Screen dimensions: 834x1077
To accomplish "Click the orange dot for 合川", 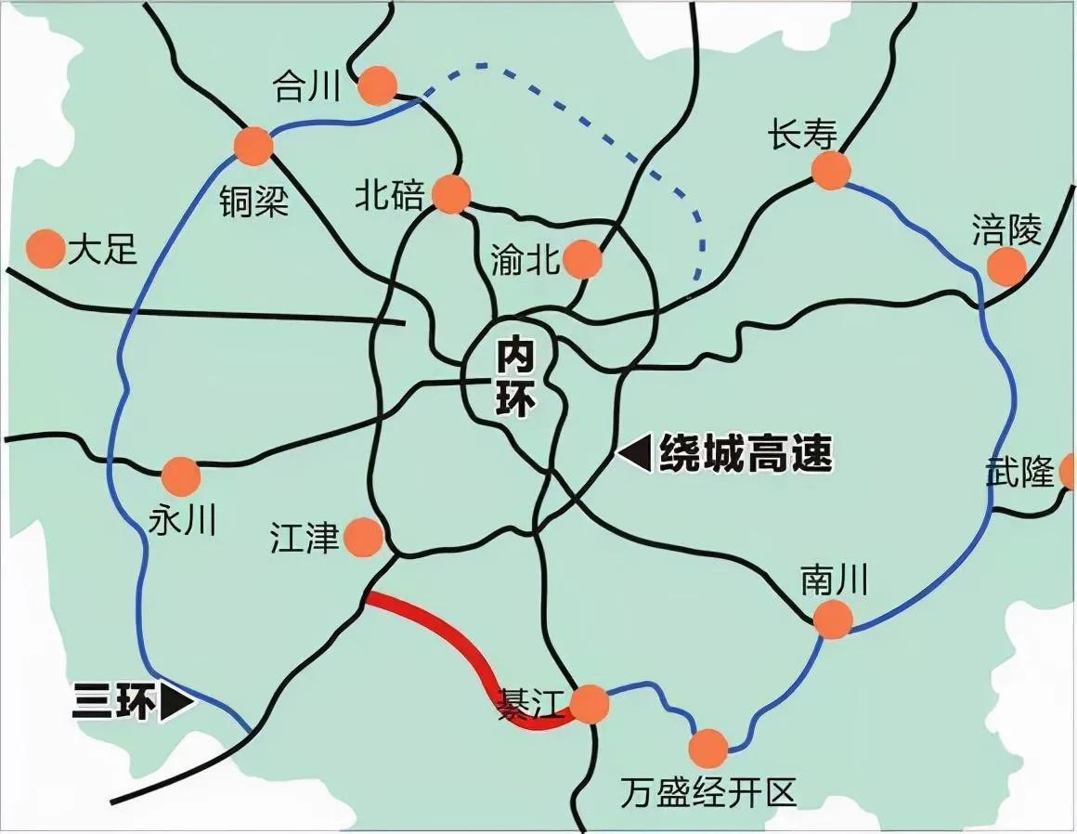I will (x=378, y=86).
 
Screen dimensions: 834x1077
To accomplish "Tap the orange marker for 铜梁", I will (x=253, y=146).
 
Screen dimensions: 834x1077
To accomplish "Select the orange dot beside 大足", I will (x=44, y=249).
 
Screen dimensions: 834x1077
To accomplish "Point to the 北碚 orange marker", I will (x=451, y=194).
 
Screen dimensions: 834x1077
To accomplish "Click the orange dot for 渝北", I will (x=582, y=260).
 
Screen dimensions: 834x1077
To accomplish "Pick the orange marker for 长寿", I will (x=830, y=170).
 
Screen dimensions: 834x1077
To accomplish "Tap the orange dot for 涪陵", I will (x=1006, y=267).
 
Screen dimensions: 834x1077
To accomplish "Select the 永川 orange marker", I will (x=180, y=476).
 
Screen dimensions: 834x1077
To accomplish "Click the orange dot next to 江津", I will (x=362, y=537).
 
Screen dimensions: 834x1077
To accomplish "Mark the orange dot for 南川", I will (x=832, y=619).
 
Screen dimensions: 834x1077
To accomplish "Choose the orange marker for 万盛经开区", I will (x=708, y=748).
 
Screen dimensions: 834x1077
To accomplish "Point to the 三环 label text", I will (x=112, y=702).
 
